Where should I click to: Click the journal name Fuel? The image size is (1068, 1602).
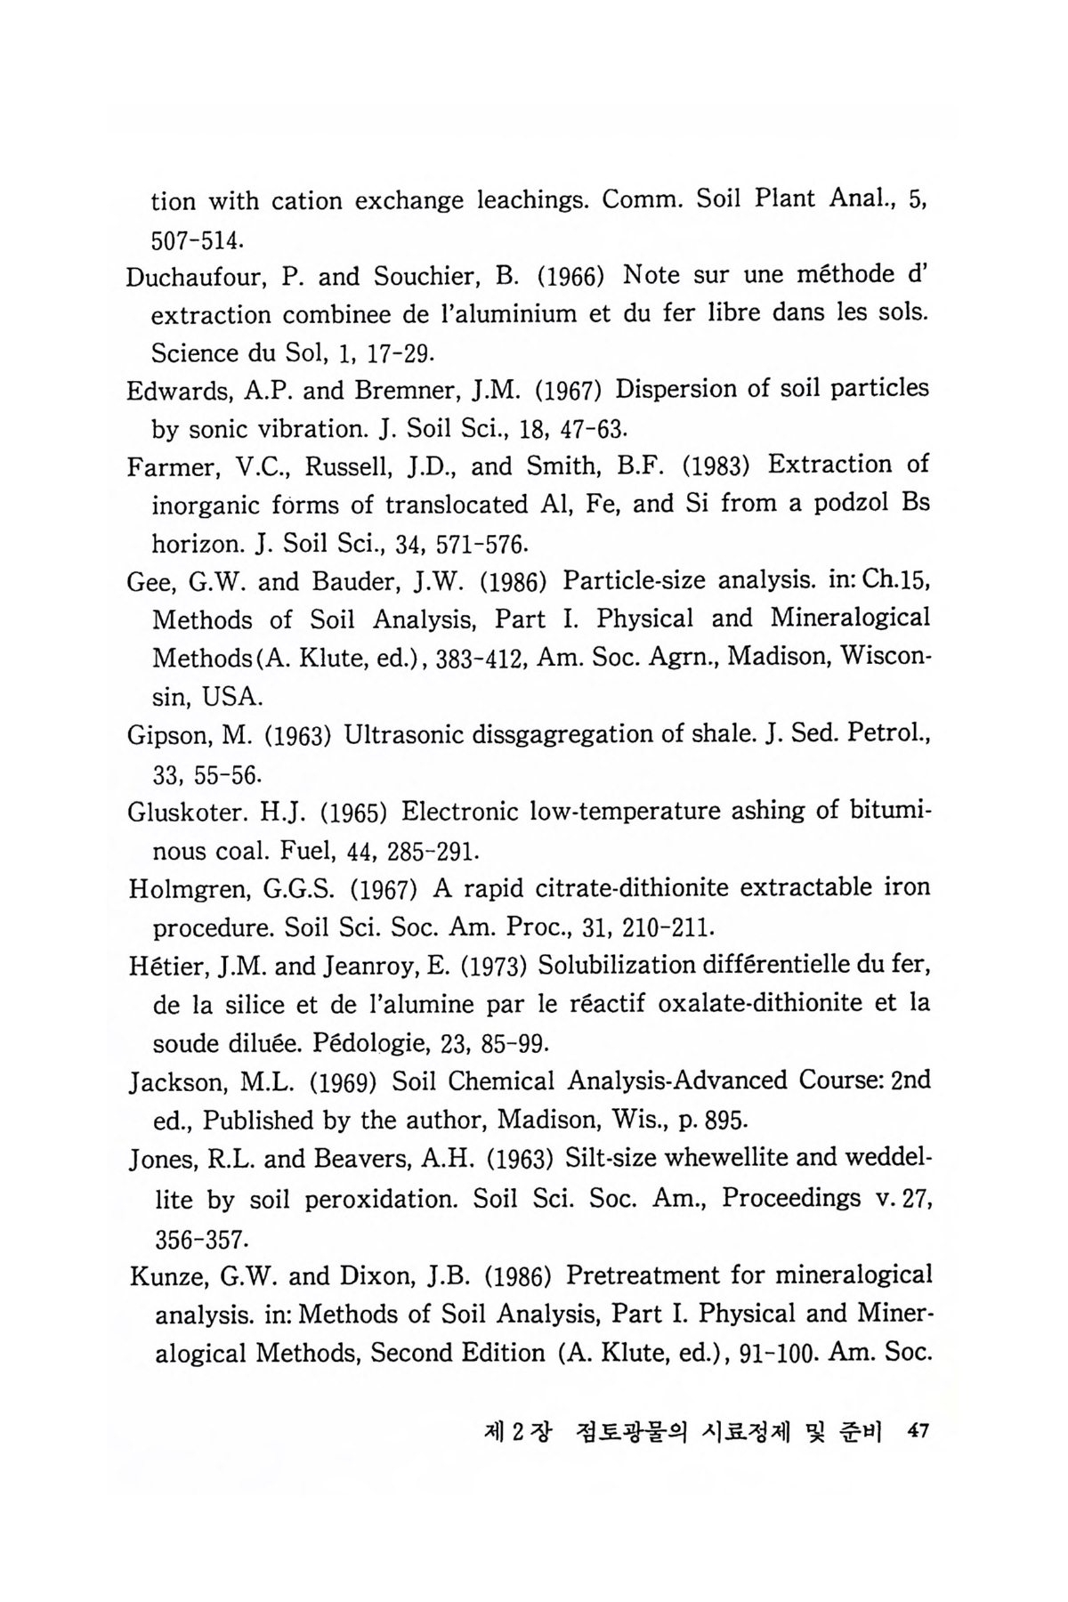306,851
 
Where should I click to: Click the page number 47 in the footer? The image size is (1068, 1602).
916,1432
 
